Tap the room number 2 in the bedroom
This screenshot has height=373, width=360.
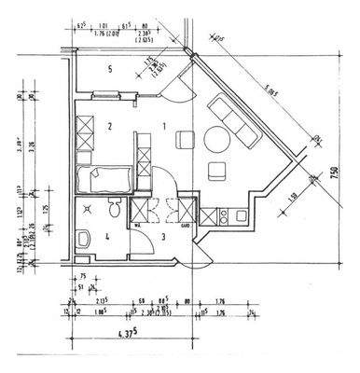109,125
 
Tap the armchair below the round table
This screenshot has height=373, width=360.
217,170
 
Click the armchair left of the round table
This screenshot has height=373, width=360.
184,139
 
